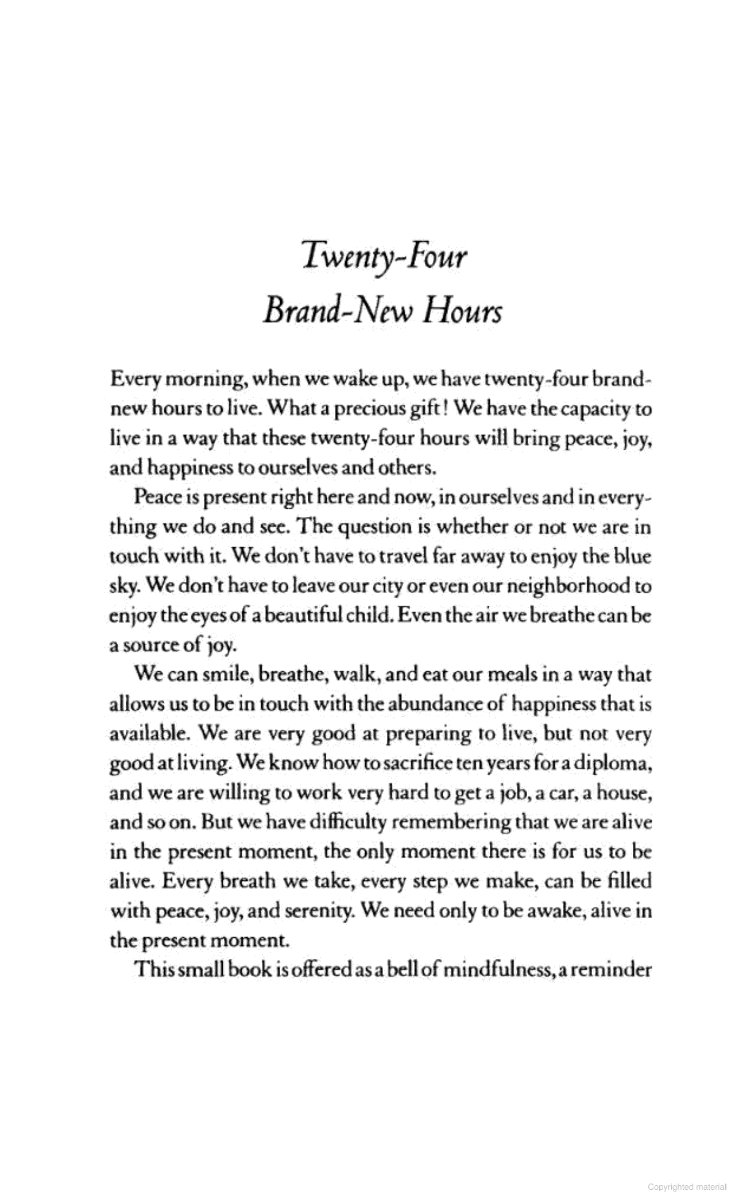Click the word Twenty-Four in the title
point(384,258)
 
